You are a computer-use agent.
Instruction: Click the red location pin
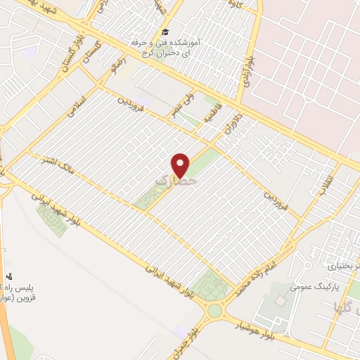click(x=181, y=164)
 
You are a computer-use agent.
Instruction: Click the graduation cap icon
click(x=165, y=32)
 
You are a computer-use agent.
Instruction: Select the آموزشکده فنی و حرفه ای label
click(x=166, y=47)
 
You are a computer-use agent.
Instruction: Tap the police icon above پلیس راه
click(x=8, y=276)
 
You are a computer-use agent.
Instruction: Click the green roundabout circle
click(x=215, y=310)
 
